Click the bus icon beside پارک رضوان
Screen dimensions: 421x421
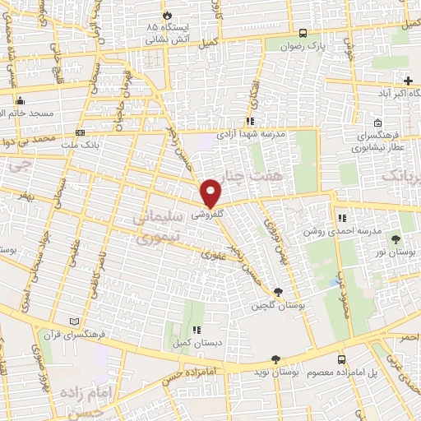tap(303, 34)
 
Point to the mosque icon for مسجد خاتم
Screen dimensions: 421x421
tap(21, 100)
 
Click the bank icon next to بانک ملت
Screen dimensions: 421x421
tap(80, 132)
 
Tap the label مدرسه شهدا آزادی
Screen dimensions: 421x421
tap(251, 133)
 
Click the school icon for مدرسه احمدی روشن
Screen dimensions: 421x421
tap(340, 219)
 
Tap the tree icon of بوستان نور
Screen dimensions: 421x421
tap(397, 238)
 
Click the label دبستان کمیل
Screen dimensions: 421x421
tap(191, 342)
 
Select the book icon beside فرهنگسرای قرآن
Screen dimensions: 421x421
tap(76, 321)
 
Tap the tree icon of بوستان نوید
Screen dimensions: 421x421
tap(275, 359)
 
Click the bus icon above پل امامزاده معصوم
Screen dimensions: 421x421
tap(341, 359)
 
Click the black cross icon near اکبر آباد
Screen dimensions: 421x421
tap(408, 80)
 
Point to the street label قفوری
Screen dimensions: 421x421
tap(214, 254)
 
